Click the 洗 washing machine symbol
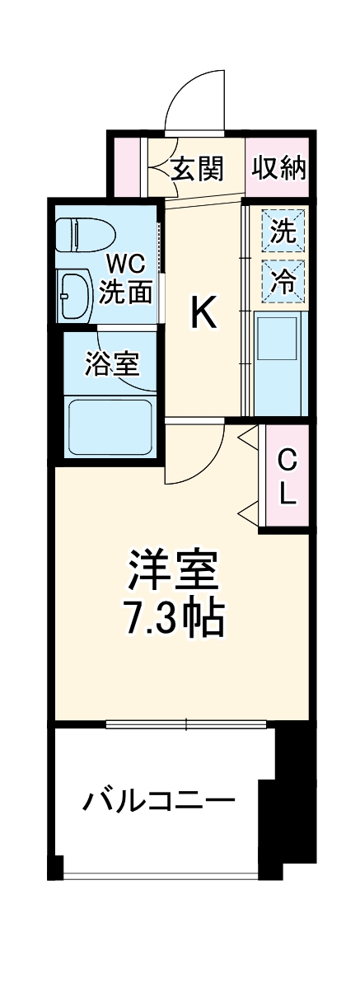[283, 232]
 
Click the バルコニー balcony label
[157, 799]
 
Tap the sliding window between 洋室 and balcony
[186, 725]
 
